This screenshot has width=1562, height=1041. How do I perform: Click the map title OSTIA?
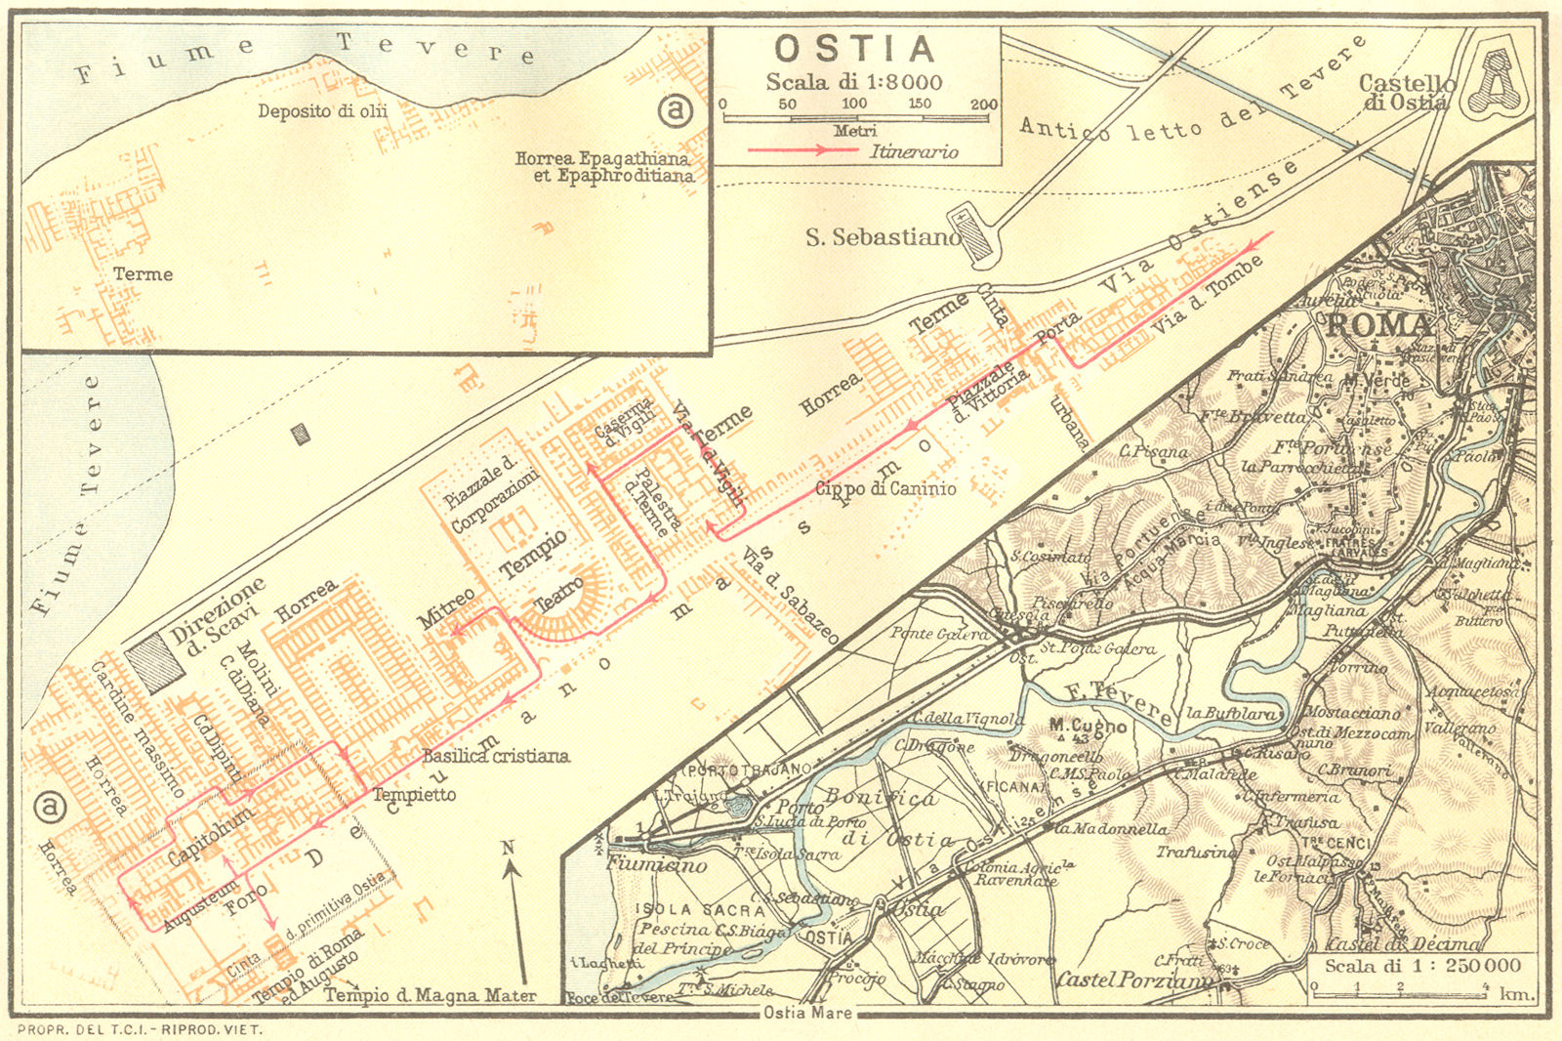855,49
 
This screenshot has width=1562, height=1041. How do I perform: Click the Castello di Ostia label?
1406,93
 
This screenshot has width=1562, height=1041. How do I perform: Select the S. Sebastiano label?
882,237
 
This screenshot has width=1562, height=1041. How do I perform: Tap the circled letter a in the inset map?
675,109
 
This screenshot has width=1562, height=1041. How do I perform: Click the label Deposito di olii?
322,111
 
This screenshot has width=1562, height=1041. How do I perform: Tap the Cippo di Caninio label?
885,488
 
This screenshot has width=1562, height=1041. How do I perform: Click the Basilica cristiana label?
495,756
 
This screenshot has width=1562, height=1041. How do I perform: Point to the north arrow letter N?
508,848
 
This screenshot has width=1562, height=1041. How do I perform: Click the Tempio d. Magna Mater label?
430,996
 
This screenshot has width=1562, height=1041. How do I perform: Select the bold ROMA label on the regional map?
1378,325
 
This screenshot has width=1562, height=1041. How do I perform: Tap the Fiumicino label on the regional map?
657,864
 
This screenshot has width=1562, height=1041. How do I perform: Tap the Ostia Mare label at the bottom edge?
806,1013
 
